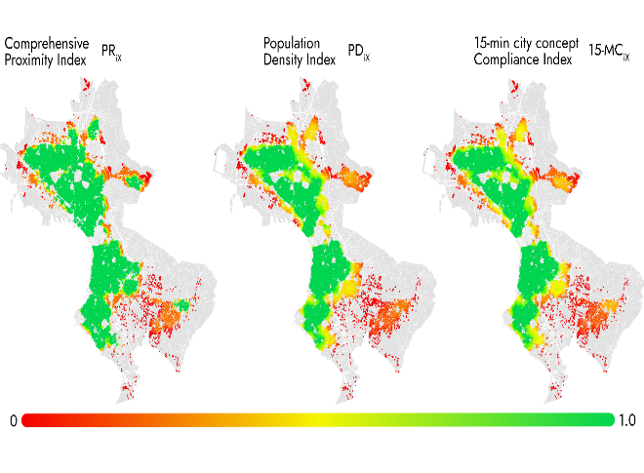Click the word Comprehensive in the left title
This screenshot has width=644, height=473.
[47, 44]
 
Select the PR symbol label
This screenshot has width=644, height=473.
[111, 59]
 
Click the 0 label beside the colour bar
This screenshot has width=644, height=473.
[13, 421]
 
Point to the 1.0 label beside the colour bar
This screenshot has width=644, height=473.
[626, 421]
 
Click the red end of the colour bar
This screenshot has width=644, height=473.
[29, 420]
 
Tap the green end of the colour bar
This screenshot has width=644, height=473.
[605, 420]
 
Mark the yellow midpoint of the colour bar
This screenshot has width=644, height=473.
[317, 420]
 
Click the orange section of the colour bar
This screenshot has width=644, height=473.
[176, 420]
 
